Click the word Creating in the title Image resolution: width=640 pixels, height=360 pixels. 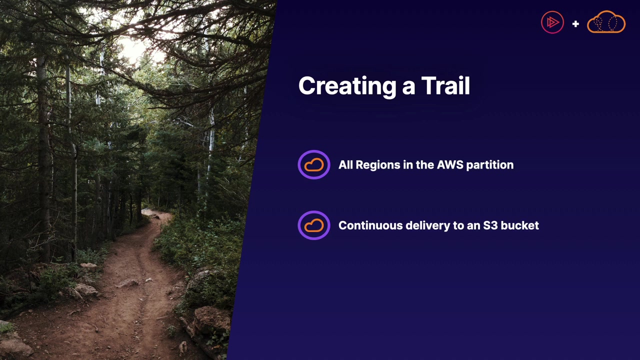pos(347,86)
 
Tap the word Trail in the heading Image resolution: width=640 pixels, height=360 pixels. pos(445,85)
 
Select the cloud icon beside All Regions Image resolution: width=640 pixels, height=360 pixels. pos(314,165)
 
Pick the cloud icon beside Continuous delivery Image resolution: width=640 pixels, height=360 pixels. pos(314,225)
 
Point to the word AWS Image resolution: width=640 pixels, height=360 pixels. pos(450,165)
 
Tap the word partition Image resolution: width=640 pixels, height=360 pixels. pos(490,165)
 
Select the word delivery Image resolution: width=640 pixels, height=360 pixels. pos(427,225)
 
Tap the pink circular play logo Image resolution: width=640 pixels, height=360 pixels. pos(552,22)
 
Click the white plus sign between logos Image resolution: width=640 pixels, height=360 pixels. pos(575,23)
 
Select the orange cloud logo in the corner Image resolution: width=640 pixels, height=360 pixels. pos(606,21)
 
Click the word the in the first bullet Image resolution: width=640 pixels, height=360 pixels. pos(425,165)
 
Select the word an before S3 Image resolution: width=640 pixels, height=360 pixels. pos(473,226)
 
